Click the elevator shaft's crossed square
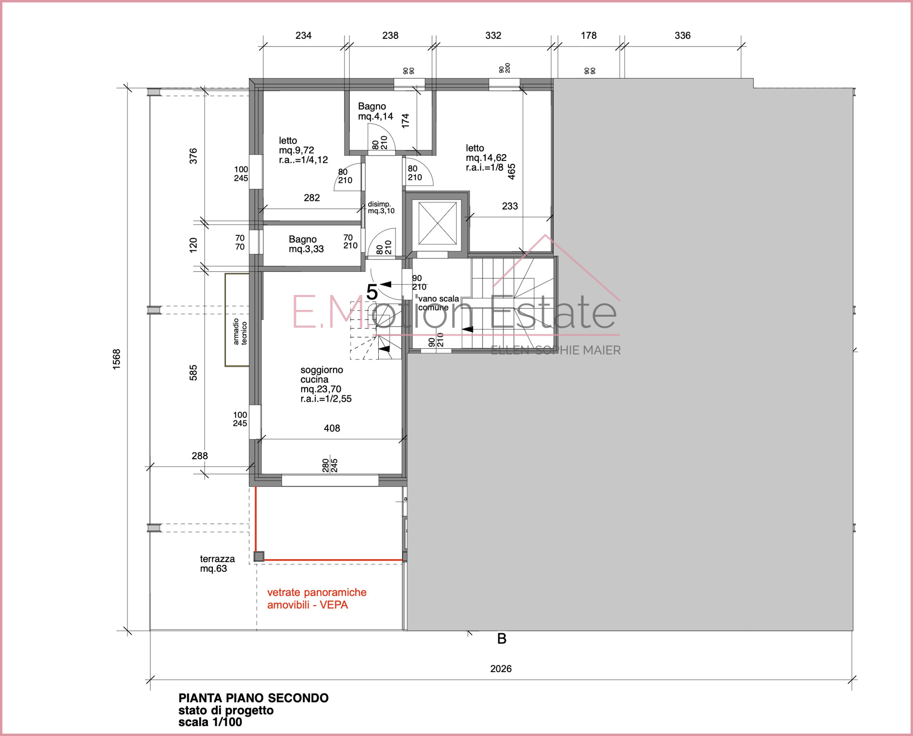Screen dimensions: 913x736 click(x=437, y=223)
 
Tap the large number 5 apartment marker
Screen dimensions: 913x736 click(x=372, y=292)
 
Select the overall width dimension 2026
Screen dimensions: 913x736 click(x=501, y=669)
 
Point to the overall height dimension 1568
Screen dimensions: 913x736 click(x=116, y=359)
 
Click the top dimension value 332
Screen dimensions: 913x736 click(x=493, y=36)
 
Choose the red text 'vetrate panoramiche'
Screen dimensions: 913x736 click(x=317, y=592)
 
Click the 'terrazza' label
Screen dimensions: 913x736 click(x=217, y=559)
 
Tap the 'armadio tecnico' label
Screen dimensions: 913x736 click(x=240, y=331)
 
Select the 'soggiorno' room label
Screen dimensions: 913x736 click(x=321, y=370)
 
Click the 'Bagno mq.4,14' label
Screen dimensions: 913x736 click(x=375, y=111)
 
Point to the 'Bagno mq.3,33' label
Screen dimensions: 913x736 click(x=306, y=244)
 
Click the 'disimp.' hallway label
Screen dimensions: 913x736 click(x=379, y=204)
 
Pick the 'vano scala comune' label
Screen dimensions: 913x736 click(x=438, y=303)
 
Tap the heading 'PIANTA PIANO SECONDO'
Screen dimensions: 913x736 click(x=253, y=698)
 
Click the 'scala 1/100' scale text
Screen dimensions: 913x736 click(x=210, y=722)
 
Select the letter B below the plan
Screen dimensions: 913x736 click(x=502, y=639)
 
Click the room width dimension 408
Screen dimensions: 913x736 click(x=332, y=428)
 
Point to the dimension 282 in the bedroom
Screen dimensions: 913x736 click(x=311, y=197)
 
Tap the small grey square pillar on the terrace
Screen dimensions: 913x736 click(x=259, y=556)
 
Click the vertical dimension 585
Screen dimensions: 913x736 click(x=193, y=373)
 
